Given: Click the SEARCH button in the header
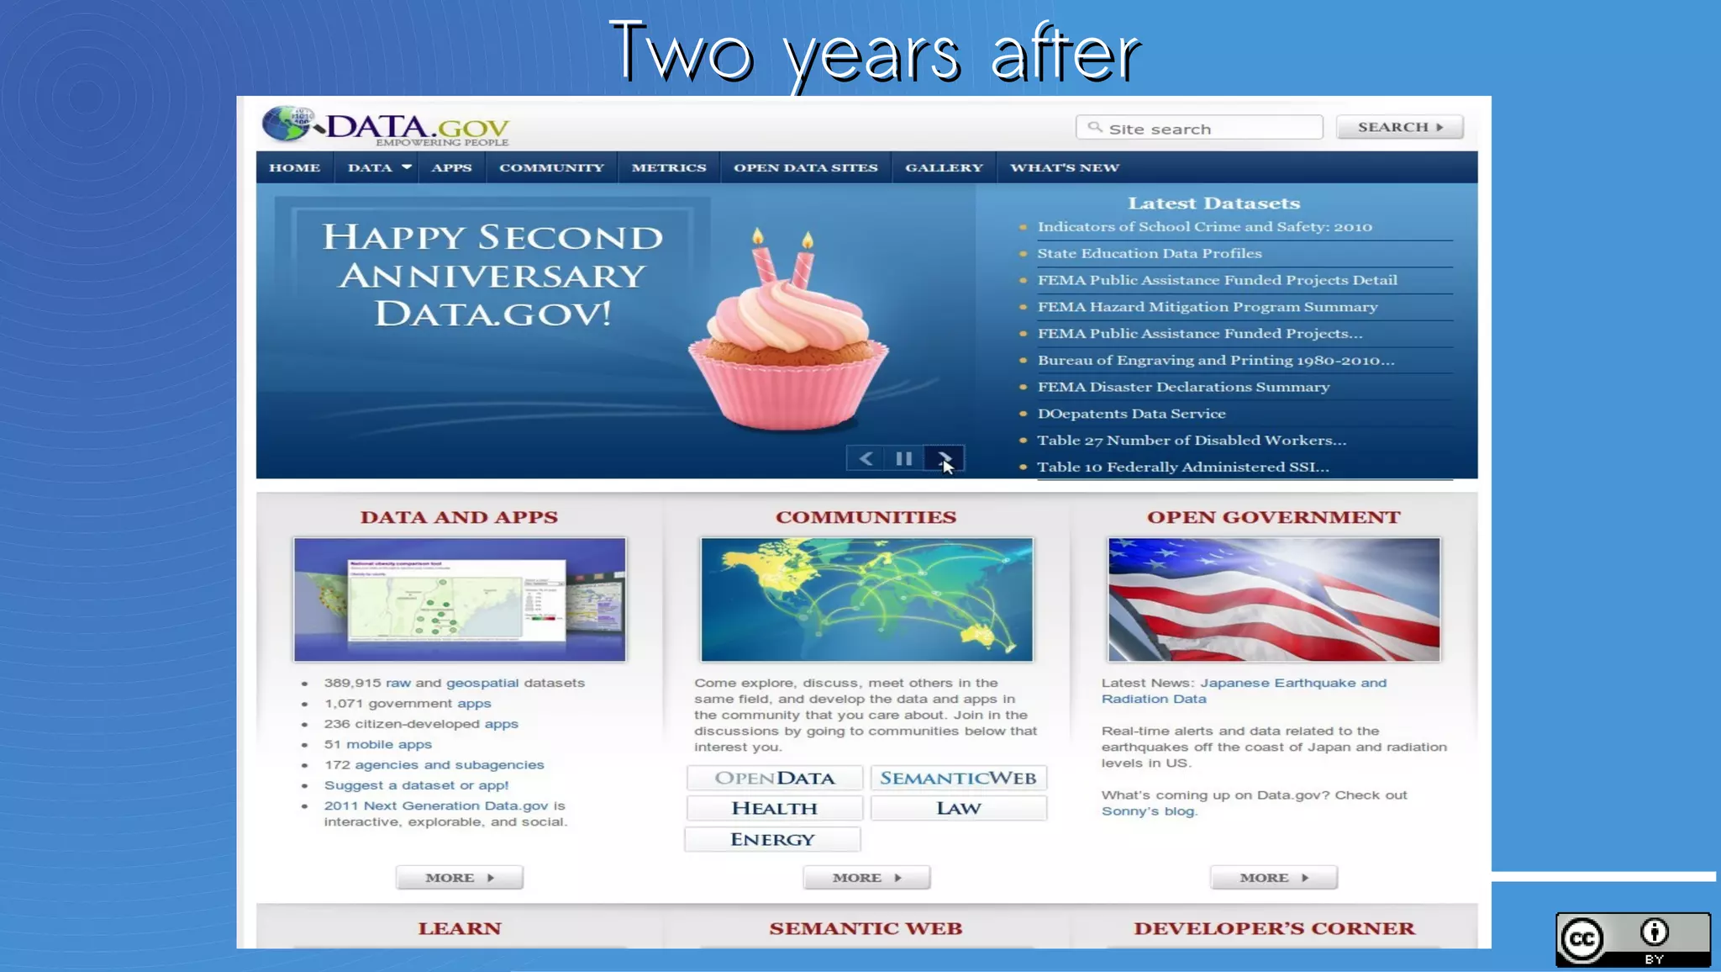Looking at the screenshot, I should click(1399, 127).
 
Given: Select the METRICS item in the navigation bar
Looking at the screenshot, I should click(668, 167).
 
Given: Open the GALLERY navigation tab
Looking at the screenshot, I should click(944, 167).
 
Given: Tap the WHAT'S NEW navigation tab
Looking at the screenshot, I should click(1064, 167).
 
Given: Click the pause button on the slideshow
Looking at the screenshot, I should click(903, 458).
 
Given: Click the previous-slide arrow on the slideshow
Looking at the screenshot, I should click(866, 458).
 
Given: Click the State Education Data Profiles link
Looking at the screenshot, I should click(1149, 253).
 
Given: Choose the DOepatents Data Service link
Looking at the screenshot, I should click(1131, 414).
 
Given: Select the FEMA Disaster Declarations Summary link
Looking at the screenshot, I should click(1183, 387).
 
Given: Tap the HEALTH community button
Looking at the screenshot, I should click(774, 808).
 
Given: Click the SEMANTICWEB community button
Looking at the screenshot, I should click(958, 778).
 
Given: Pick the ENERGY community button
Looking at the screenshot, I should click(772, 839).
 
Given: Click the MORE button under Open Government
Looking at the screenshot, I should click(1273, 878).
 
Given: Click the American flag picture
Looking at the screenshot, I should click(1274, 600).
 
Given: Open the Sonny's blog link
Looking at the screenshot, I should click(1148, 811).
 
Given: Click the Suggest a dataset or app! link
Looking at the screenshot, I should click(416, 785).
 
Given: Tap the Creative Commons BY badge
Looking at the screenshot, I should click(1632, 939).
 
